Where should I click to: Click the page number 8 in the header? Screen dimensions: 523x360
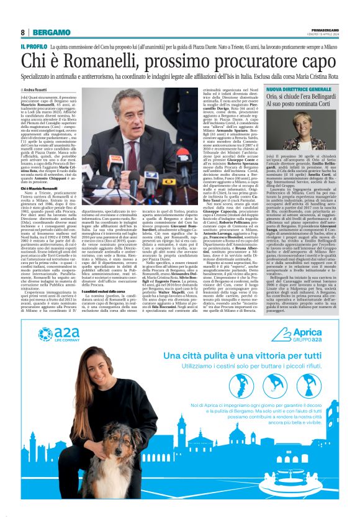(22, 32)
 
